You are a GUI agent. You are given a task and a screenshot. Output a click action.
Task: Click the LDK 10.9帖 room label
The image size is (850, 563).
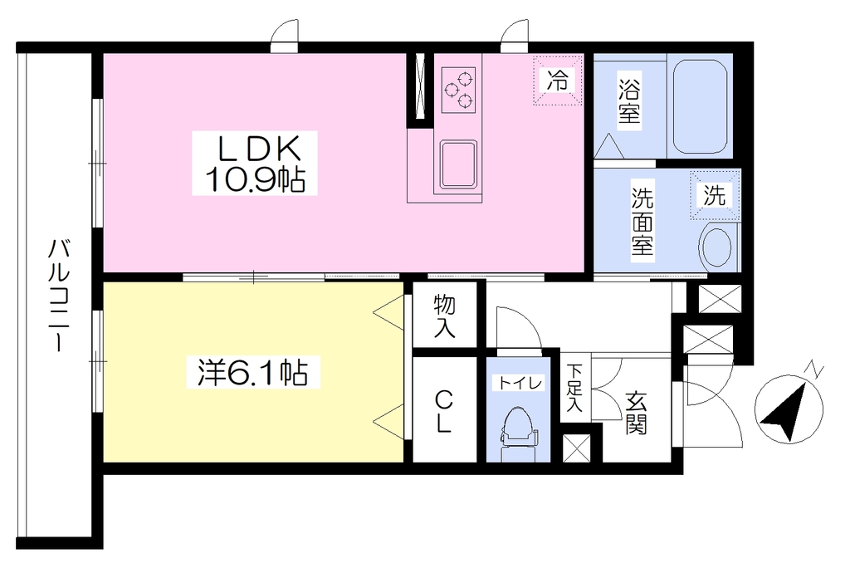point(254,163)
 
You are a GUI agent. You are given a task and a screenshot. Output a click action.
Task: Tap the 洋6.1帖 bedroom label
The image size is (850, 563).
point(253,372)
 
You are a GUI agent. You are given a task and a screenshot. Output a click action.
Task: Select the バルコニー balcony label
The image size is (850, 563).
point(58,295)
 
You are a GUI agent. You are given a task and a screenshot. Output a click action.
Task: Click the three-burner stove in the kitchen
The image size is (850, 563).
point(458,90)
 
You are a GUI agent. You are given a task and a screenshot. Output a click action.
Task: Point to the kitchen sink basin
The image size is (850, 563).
point(458,164)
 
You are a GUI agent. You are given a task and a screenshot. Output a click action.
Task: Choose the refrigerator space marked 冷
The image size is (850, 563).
point(557,81)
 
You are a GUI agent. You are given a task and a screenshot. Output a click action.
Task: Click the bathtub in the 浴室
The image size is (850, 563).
point(700,105)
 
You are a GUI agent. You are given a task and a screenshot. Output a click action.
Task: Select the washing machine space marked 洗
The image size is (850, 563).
point(715,195)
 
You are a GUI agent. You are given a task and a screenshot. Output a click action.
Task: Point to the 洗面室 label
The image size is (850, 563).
point(642,221)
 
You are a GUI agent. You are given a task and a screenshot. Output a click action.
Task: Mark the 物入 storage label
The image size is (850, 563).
point(445,316)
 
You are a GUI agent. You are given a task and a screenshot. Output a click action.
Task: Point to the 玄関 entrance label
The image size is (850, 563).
point(637,413)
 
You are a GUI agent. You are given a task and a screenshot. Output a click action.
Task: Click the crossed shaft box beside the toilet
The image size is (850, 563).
point(575,448)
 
